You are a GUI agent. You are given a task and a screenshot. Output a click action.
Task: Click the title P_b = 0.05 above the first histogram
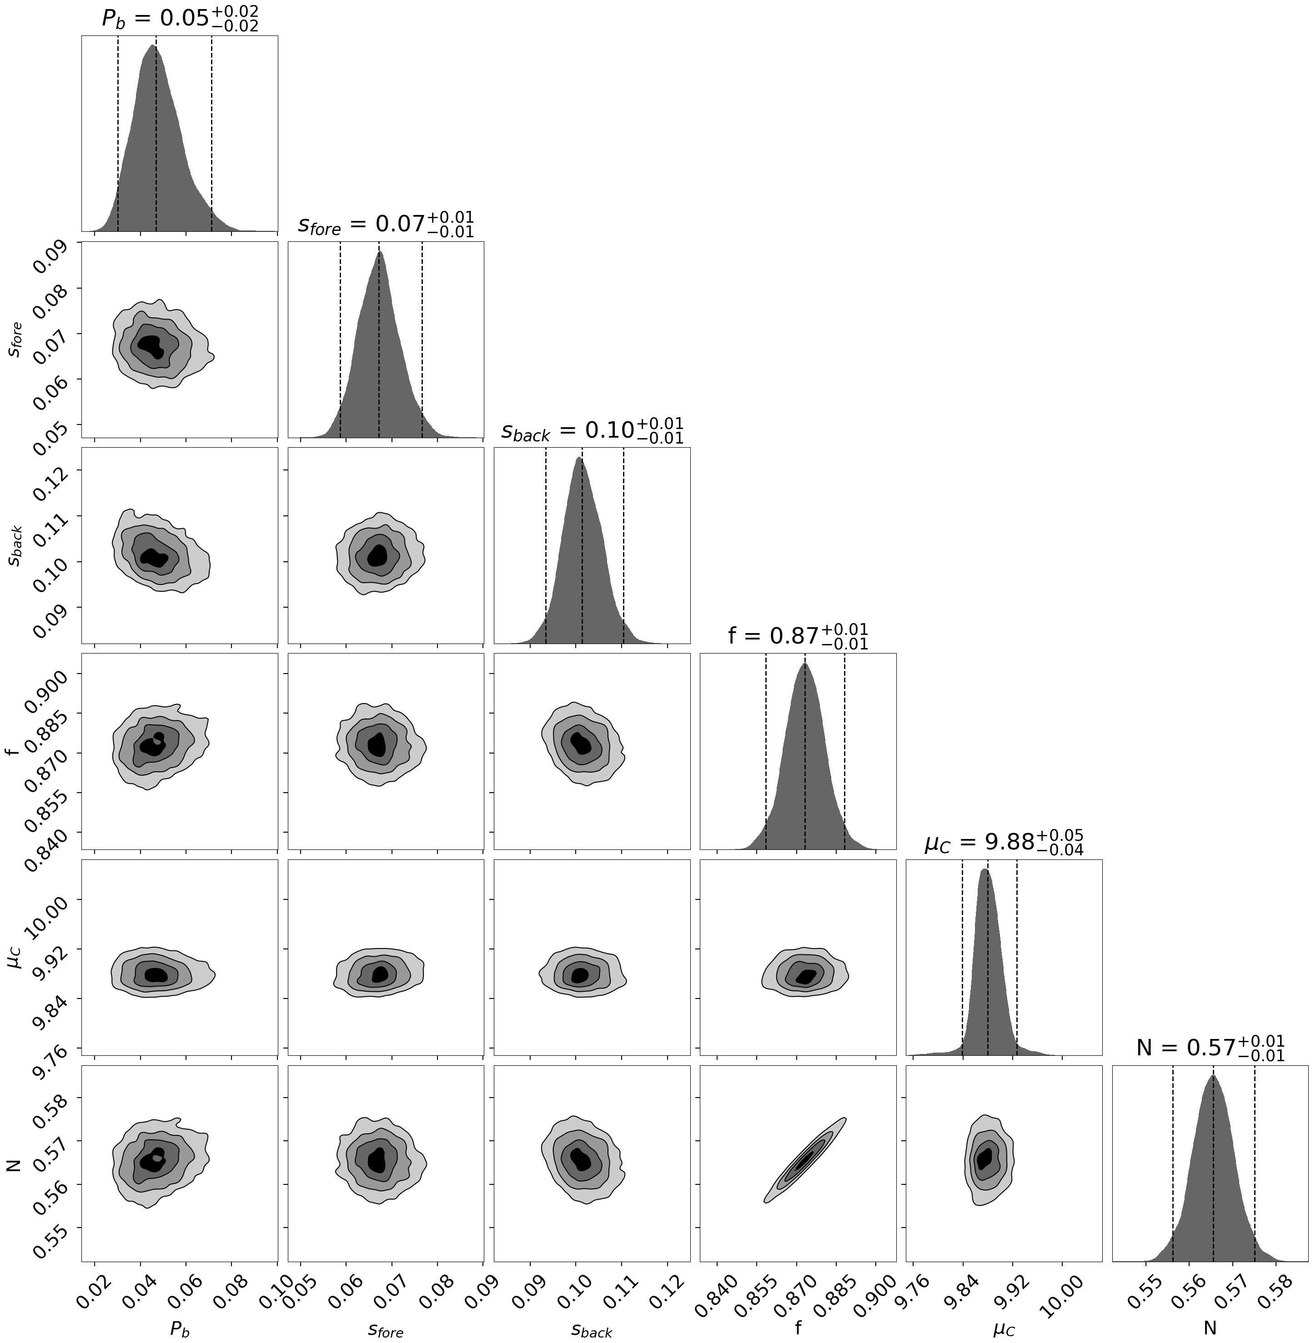tap(180, 19)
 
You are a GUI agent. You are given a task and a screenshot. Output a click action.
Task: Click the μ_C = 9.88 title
tap(1004, 842)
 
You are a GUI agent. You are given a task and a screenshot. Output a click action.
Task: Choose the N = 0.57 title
tap(1210, 1048)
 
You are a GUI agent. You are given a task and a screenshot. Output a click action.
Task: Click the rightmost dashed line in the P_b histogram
tap(211, 131)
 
